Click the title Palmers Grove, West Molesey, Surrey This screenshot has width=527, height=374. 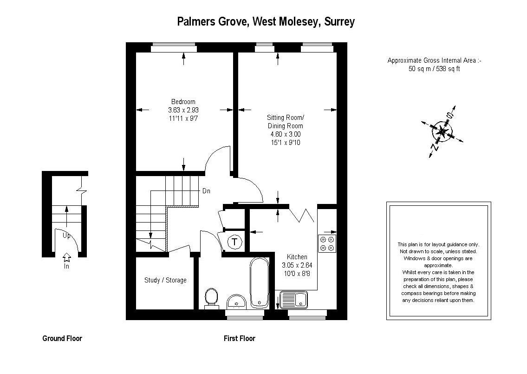click(x=266, y=22)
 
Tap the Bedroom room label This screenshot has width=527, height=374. click(x=183, y=102)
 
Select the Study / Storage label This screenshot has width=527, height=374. click(x=165, y=280)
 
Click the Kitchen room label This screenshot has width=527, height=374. click(x=297, y=257)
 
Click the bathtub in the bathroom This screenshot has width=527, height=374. click(x=259, y=283)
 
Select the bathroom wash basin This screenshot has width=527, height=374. click(x=237, y=302)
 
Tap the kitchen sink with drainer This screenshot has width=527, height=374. click(x=293, y=300)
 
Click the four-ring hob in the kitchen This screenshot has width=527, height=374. click(x=327, y=243)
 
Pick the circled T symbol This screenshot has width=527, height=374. click(x=235, y=242)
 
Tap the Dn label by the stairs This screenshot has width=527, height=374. click(x=206, y=191)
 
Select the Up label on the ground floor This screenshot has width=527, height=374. click(x=66, y=236)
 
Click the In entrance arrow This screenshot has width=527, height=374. click(x=66, y=261)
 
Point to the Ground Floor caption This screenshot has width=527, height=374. click(x=62, y=338)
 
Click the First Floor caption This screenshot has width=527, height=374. click(x=240, y=338)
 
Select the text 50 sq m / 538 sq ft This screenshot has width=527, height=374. click(x=434, y=69)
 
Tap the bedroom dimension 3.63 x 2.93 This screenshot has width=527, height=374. click(x=183, y=110)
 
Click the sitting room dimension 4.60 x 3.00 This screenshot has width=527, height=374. click(x=286, y=134)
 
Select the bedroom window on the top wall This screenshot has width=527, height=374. click(x=174, y=49)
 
